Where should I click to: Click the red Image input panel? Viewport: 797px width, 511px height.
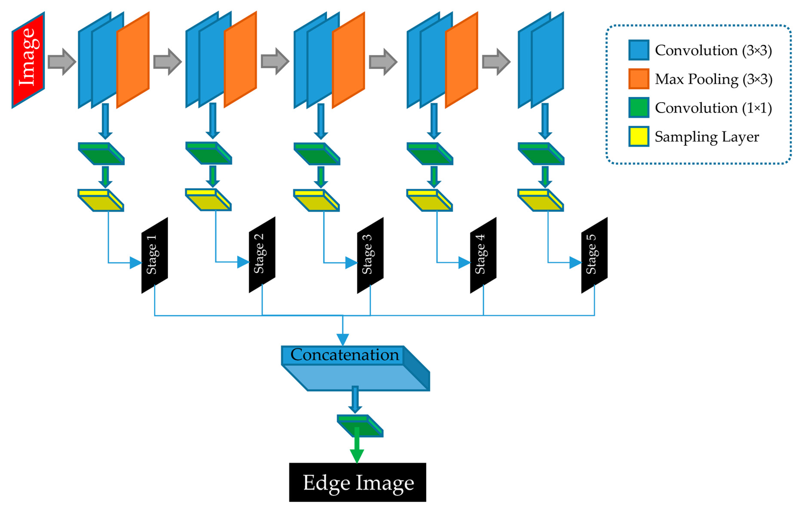[x=28, y=60]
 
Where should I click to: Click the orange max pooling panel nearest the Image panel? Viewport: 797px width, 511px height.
[x=133, y=60]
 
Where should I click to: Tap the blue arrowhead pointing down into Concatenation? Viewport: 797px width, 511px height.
[x=342, y=339]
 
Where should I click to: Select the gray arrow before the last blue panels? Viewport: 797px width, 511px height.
[x=496, y=62]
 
